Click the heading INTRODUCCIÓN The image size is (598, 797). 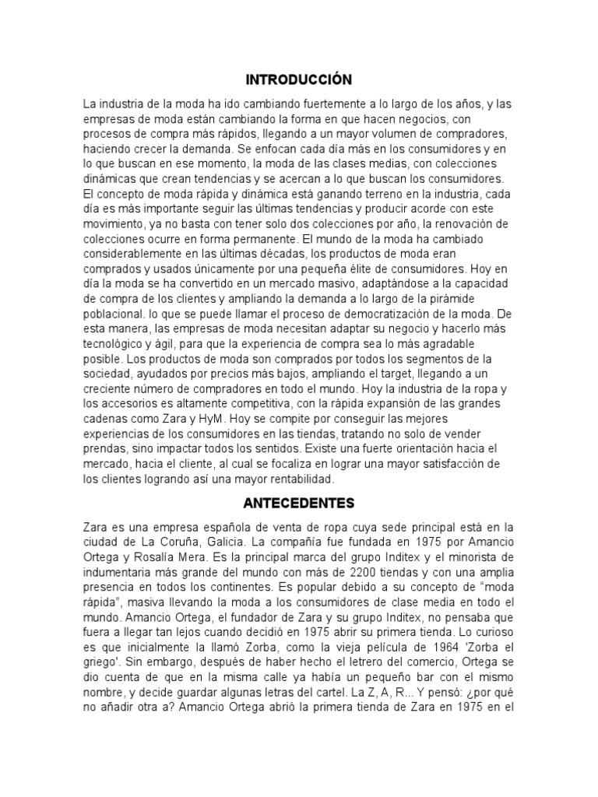[299, 79]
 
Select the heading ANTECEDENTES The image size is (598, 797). [299, 502]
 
